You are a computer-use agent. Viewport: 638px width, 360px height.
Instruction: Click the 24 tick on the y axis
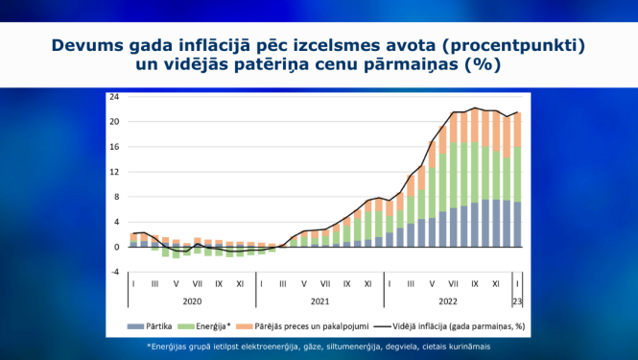(114, 97)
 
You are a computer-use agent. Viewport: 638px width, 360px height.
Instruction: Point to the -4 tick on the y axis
(114, 272)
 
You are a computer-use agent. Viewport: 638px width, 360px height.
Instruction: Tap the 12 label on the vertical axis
(114, 172)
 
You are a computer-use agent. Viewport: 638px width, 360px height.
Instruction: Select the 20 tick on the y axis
(114, 122)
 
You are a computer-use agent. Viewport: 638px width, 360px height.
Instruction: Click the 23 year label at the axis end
(519, 301)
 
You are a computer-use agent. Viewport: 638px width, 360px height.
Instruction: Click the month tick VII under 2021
(326, 284)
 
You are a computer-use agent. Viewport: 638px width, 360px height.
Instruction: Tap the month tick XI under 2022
(496, 284)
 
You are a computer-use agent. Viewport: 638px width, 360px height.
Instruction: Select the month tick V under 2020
(176, 284)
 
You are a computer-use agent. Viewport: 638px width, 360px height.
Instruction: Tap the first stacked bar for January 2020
(133, 240)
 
